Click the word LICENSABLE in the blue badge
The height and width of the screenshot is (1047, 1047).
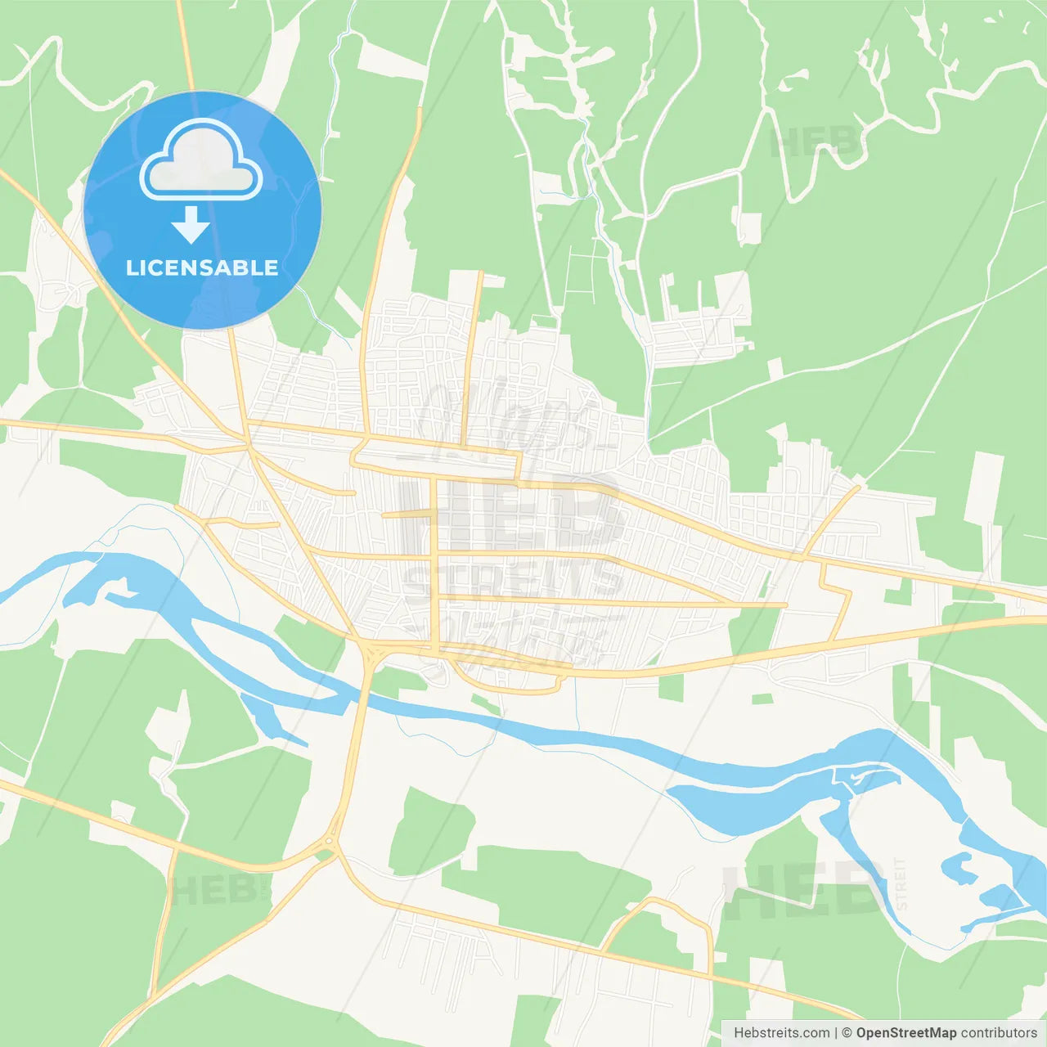(202, 267)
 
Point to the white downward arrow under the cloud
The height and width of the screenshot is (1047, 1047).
(191, 225)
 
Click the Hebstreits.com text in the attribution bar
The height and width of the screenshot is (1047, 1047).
(781, 1033)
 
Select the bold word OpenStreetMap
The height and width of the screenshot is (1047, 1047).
(905, 1033)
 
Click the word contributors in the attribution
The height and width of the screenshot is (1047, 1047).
(999, 1033)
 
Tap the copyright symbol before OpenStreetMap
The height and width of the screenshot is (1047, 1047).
(847, 1033)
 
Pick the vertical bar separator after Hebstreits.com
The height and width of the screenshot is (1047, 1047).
(836, 1033)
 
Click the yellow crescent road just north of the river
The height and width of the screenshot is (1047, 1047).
(507, 685)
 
